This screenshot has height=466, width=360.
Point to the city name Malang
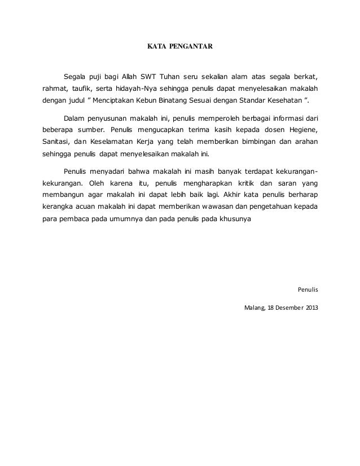pyautogui.click(x=254, y=308)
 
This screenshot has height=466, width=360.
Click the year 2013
pyautogui.click(x=312, y=308)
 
